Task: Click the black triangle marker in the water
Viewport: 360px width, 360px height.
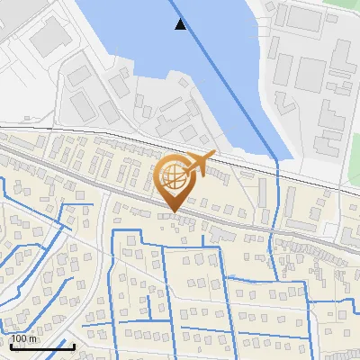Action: [x=181, y=24]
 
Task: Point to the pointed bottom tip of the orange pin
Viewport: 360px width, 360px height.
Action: [x=172, y=212]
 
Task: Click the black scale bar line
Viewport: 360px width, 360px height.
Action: [x=41, y=346]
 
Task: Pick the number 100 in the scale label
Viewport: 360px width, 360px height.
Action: [x=20, y=338]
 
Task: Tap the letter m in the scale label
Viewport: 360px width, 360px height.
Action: [x=33, y=338]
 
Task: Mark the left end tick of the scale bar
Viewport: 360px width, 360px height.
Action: [x=11, y=345]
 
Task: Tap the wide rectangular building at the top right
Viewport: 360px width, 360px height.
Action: [x=306, y=16]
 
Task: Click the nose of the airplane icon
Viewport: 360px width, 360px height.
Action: [x=213, y=155]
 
